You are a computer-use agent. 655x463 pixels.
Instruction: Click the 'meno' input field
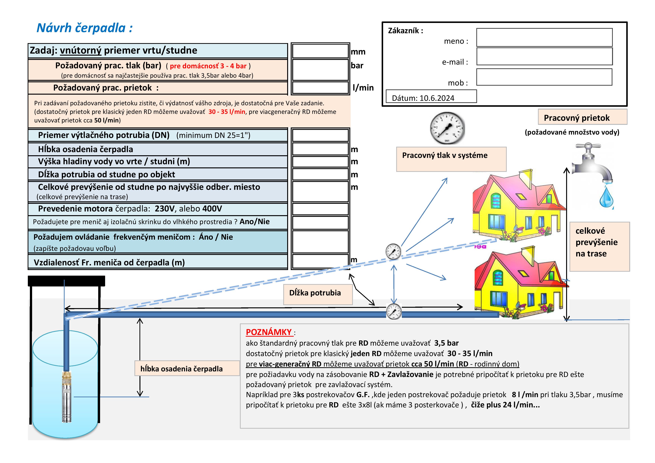click(x=544, y=37)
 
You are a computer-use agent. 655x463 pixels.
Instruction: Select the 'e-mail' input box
click(x=544, y=56)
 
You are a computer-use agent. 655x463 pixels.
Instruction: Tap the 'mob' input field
click(x=544, y=77)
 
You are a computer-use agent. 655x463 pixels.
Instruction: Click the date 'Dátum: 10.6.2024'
click(x=423, y=98)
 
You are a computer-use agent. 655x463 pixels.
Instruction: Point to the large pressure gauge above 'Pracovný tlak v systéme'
click(x=447, y=128)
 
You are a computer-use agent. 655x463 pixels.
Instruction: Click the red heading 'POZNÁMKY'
click(x=269, y=332)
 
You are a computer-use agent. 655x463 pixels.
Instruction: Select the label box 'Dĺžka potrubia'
click(x=318, y=294)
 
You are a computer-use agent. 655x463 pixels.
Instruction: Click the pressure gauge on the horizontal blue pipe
click(x=394, y=311)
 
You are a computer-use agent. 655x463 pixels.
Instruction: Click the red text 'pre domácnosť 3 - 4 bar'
click(x=208, y=66)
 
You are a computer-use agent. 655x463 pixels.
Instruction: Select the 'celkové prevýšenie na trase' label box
click(x=599, y=247)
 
